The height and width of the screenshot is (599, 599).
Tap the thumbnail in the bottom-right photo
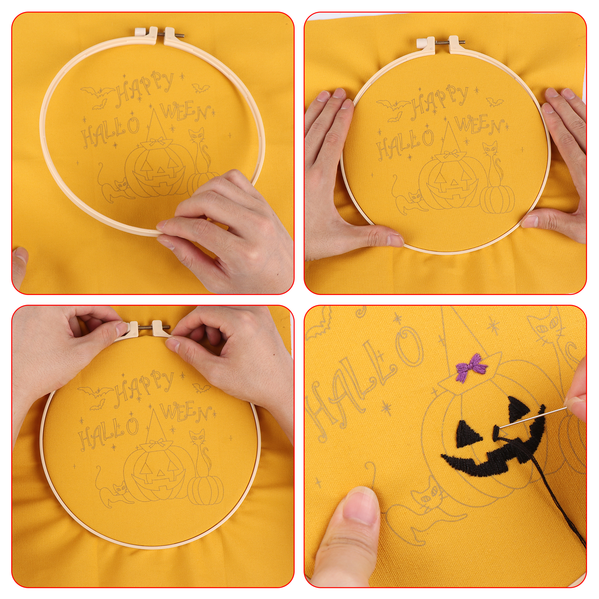pos(361,508)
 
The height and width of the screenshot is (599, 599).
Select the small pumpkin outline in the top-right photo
pos(497,199)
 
